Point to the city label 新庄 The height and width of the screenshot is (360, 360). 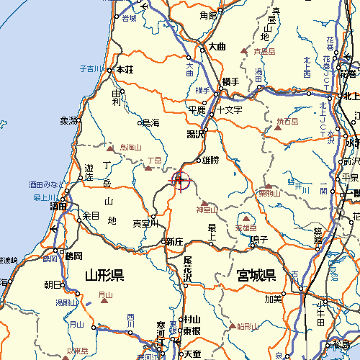click(x=175, y=241)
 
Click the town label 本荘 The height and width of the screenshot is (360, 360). click(x=125, y=70)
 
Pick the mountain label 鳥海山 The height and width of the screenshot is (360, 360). click(x=131, y=147)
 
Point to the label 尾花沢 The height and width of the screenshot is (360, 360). click(x=187, y=269)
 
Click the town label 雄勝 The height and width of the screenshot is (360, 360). click(x=210, y=160)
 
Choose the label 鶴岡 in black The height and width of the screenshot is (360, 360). click(x=73, y=256)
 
